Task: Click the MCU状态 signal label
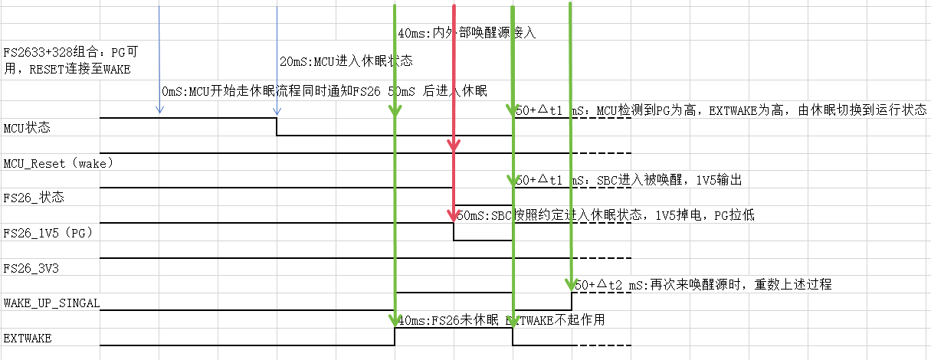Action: [x=28, y=128]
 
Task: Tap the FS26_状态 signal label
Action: [x=34, y=198]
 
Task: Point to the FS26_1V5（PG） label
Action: [x=48, y=233]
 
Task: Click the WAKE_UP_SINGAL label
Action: [x=51, y=303]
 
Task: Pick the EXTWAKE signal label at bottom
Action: [x=28, y=337]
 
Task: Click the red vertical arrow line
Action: [x=454, y=77]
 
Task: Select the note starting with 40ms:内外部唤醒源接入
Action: [x=467, y=34]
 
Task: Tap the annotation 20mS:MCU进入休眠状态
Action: [x=346, y=61]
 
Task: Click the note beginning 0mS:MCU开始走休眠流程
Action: [x=324, y=91]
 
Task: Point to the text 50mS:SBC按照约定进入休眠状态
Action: [x=605, y=215]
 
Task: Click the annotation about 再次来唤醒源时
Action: [x=703, y=284]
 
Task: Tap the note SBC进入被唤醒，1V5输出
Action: [x=628, y=180]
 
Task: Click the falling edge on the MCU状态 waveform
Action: [x=277, y=126]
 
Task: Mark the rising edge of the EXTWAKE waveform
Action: [x=395, y=337]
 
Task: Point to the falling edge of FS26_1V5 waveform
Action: [x=454, y=231]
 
